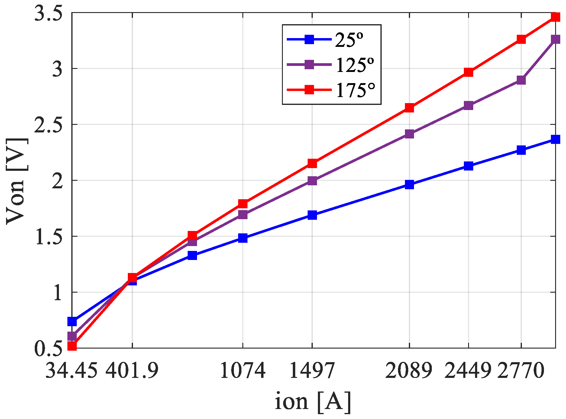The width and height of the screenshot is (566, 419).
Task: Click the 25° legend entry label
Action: point(349,40)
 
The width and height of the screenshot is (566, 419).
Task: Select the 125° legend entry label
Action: point(355,65)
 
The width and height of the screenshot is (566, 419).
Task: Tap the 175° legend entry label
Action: point(355,90)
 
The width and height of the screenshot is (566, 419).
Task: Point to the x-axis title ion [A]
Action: point(313,401)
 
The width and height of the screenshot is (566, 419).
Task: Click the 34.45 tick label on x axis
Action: point(72,370)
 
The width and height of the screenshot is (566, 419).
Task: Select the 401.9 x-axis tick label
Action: point(132,370)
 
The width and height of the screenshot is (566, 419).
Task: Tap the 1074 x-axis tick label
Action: point(243,370)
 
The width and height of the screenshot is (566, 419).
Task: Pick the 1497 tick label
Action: point(312,370)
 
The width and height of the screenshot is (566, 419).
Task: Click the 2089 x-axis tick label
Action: point(409,370)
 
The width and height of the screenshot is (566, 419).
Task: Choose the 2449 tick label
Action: point(468,370)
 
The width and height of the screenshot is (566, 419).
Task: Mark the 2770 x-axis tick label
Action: point(521,370)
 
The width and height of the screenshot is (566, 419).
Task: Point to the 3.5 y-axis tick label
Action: point(48,14)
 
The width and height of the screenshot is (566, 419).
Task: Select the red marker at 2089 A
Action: point(409,108)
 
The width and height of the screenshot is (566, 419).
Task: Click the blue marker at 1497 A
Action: point(312,215)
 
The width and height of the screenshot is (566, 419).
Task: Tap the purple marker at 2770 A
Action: point(521,80)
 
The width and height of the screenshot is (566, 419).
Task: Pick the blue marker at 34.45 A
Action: point(72,321)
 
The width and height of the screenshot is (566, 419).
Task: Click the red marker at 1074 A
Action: point(243,203)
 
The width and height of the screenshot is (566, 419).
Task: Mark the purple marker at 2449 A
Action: point(468,106)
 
